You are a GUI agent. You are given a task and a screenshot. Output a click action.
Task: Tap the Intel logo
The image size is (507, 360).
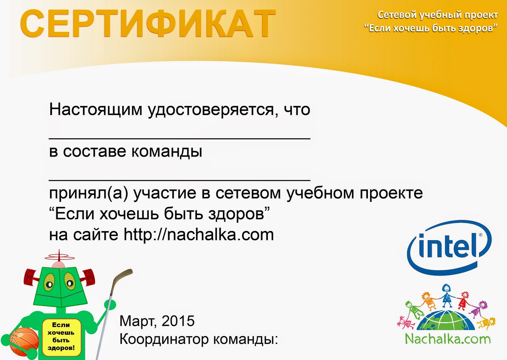(449, 248)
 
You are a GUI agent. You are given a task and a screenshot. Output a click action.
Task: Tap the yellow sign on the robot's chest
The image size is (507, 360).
(61, 336)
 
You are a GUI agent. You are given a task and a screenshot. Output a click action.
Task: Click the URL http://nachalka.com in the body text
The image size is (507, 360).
(199, 235)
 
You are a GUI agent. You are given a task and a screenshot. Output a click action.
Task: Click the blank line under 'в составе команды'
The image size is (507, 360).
(179, 180)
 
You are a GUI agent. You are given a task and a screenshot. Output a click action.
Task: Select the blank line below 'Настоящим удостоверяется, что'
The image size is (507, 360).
(179, 138)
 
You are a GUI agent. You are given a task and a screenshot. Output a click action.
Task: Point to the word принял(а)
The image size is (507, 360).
(89, 193)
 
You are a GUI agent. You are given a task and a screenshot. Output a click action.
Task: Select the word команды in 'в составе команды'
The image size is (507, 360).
(167, 152)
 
